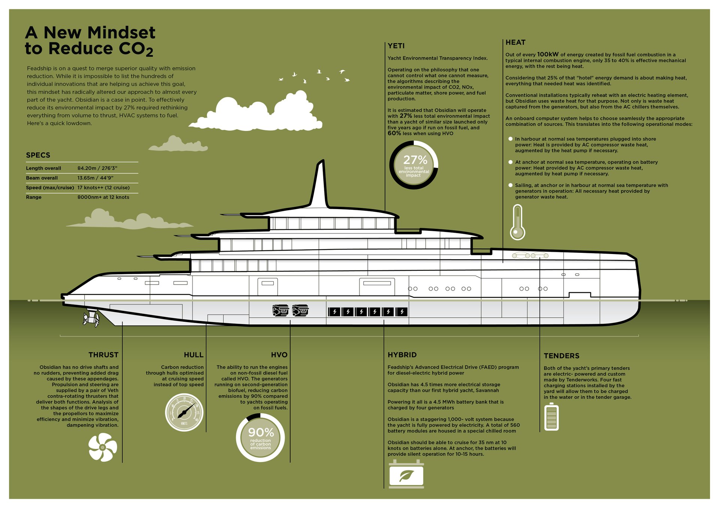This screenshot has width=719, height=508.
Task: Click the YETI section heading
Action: [x=396, y=46]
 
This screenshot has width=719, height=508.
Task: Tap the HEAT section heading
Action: [x=515, y=43]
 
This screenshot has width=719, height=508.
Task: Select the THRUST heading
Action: [x=103, y=355]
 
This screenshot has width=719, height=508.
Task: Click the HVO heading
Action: [x=279, y=355]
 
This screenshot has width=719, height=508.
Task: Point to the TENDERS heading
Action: [x=561, y=356]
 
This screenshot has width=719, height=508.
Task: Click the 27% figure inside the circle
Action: [x=415, y=160]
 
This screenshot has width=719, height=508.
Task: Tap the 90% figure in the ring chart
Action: [x=261, y=433]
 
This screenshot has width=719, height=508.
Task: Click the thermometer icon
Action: [x=517, y=222]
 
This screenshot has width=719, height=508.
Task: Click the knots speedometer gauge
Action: [x=184, y=412]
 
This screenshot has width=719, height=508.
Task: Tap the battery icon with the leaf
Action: [x=406, y=475]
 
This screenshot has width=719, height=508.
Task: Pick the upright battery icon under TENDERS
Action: [x=551, y=417]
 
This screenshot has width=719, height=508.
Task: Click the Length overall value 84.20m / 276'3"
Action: [x=97, y=168]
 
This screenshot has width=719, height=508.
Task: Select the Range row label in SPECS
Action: [x=34, y=198]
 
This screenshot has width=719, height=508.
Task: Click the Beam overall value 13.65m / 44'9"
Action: [x=95, y=178]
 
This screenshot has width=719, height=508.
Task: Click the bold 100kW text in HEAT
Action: [x=547, y=55]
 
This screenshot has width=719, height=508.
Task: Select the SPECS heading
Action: [x=38, y=155]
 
